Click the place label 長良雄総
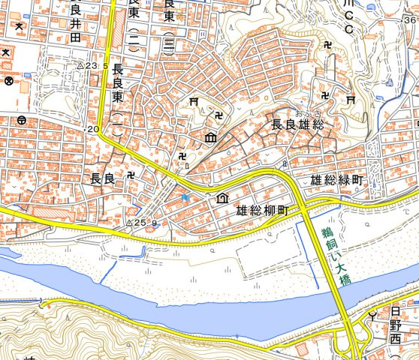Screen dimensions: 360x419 (x=297, y=125)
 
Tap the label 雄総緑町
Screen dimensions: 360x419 (x=337, y=181)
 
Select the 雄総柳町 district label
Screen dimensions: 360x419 (x=262, y=211)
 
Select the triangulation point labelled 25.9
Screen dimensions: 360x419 (x=128, y=223)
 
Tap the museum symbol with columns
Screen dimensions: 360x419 (x=210, y=138)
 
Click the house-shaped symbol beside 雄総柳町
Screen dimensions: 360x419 (x=222, y=198)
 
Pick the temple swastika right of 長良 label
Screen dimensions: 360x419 (x=131, y=174)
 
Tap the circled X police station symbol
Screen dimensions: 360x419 (x=9, y=80)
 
